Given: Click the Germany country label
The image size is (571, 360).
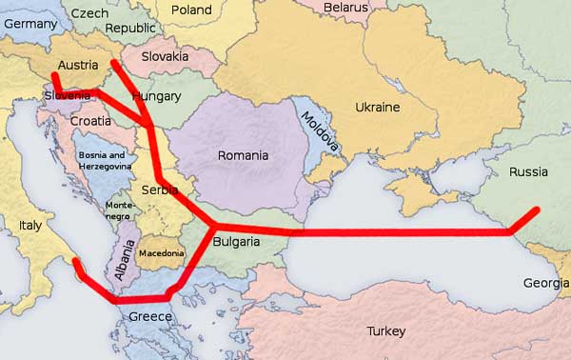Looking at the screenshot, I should (30, 23).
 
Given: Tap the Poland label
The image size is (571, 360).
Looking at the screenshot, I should (191, 10).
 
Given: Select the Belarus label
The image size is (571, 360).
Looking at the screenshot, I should (345, 8).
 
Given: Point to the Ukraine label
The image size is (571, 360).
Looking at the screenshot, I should (377, 107).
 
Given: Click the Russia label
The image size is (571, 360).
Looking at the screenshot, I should (528, 172).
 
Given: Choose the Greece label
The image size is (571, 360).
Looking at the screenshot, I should (150, 317).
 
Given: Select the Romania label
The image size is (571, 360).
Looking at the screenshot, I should (243, 155).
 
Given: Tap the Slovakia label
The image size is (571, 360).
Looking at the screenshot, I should (166, 56).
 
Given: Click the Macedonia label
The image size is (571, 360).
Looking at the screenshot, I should (162, 253).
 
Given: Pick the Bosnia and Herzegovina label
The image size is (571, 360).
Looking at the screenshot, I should (102, 160).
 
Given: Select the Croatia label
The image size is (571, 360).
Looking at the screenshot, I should (90, 122).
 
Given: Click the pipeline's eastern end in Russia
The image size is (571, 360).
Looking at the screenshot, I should (538, 209).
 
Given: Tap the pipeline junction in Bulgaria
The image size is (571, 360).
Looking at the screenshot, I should (212, 227).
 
